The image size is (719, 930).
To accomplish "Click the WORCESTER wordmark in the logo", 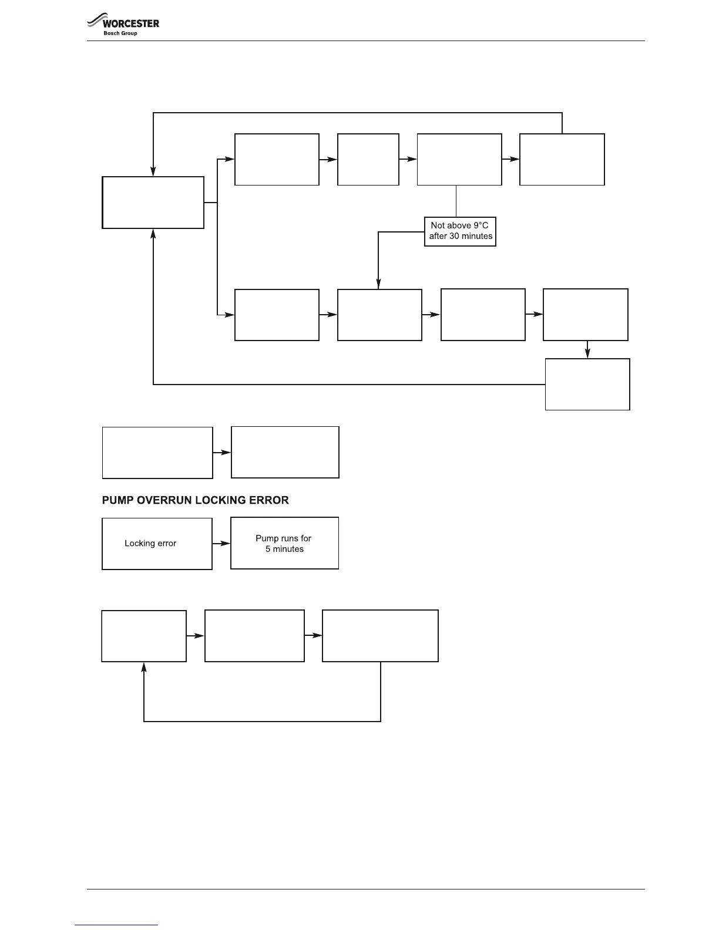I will point(130,23).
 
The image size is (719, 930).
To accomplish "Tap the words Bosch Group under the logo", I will point(120,33).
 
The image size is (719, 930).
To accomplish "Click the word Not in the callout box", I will point(438,225).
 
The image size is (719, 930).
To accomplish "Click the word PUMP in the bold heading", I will point(117,500).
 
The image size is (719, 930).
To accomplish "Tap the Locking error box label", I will point(150,544).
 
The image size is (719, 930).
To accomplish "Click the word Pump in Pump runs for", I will point(267,538).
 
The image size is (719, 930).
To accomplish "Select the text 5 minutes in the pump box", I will point(285,549).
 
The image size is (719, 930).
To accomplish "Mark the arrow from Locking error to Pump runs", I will point(221,544).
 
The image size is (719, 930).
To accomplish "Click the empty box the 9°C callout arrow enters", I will point(379,315).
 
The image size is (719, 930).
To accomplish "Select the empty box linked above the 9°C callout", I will point(459,159).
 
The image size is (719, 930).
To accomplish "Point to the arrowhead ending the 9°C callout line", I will point(378,285).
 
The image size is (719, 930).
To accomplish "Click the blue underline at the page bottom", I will point(116,925).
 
